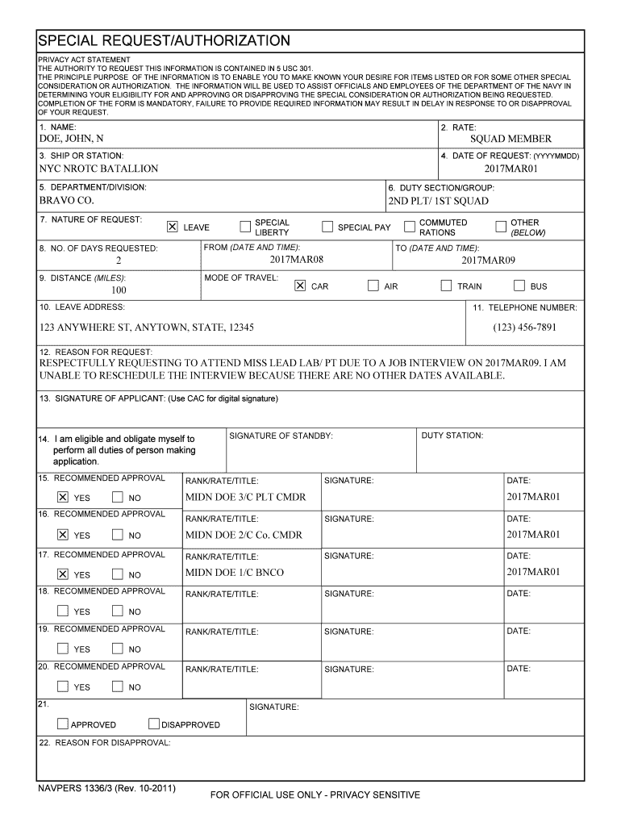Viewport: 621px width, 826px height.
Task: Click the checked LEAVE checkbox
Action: (172, 227)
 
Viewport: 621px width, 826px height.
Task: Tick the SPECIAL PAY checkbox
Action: (327, 227)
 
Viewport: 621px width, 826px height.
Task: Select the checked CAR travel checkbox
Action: (300, 286)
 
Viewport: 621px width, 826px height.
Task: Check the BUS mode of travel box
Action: (519, 286)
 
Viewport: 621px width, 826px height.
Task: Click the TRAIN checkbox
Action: (446, 286)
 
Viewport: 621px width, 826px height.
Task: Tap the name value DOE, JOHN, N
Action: (72, 140)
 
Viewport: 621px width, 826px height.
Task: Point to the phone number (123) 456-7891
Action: (524, 327)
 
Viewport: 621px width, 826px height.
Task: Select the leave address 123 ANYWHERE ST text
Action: (147, 327)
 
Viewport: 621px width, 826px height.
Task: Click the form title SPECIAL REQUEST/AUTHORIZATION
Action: (164, 40)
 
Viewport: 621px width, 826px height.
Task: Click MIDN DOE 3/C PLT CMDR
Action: (245, 497)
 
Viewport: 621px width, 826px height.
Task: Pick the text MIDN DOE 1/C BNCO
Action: (234, 572)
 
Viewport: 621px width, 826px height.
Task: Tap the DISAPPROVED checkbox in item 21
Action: (155, 724)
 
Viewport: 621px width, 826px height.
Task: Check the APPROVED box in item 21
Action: (63, 724)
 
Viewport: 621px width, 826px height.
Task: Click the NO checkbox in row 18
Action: (118, 611)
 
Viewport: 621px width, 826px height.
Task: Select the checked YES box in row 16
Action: (63, 534)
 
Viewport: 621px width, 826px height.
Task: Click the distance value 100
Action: (119, 290)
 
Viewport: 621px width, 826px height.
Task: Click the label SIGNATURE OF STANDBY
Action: (281, 436)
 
